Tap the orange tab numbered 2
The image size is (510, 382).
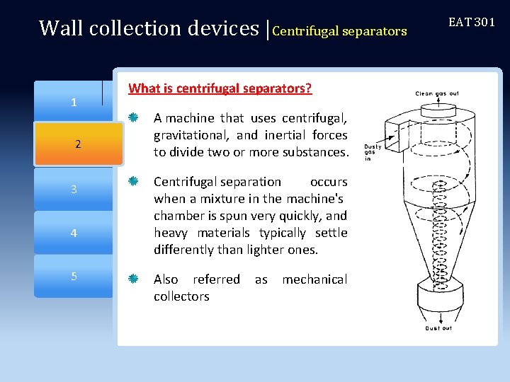coord(78,145)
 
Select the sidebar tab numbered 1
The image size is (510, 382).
coord(74,103)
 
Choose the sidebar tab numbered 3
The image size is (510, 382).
coord(74,189)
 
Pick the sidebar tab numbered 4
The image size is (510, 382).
coord(74,233)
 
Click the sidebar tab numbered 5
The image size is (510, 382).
coord(74,276)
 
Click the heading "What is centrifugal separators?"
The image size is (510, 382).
coord(220,88)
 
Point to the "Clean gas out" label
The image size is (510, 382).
coord(437,93)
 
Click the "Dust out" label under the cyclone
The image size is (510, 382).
coord(438,328)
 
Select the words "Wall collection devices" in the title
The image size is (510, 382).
coord(149,28)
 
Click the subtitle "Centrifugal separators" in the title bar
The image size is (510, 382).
coord(339,31)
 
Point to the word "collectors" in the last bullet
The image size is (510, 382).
coord(181,296)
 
